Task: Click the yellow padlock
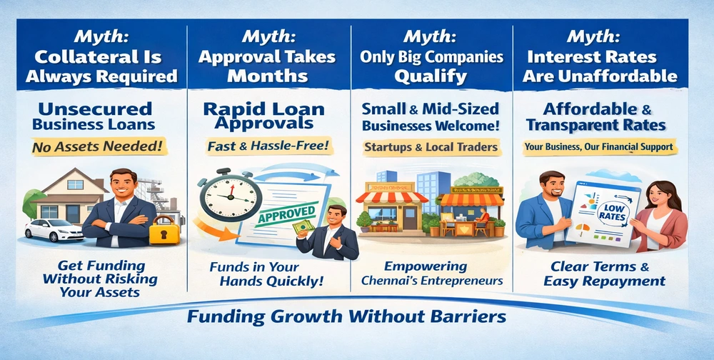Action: click(164, 231)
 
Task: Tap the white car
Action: click(54, 230)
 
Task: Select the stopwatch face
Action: click(231, 196)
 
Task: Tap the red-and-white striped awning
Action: click(391, 197)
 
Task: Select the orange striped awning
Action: click(472, 199)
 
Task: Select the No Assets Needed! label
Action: click(99, 146)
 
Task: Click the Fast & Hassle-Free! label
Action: click(269, 146)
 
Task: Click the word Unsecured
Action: click(95, 109)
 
